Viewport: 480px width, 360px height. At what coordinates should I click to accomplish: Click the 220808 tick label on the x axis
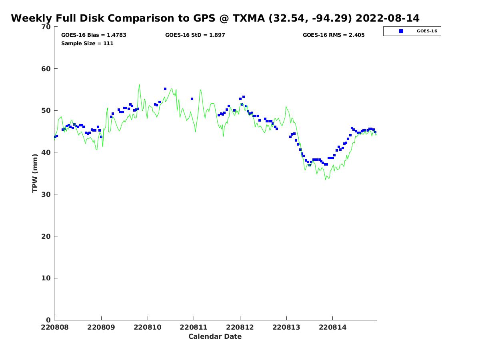coord(55,327)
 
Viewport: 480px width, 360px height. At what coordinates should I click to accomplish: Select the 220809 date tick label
coord(101,327)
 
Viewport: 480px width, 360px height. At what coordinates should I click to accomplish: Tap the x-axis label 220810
coord(148,327)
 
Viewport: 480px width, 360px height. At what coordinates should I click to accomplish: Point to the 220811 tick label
coord(194,327)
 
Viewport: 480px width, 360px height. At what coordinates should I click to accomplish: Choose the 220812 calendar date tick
coord(240,327)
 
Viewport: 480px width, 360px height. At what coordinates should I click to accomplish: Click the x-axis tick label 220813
coord(286,327)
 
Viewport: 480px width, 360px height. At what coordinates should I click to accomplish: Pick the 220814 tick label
coord(332,327)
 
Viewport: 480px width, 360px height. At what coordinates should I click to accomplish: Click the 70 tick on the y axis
coord(46,27)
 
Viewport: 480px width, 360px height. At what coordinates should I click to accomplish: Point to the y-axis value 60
coord(46,69)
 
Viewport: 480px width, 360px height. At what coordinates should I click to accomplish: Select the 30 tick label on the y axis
coord(46,194)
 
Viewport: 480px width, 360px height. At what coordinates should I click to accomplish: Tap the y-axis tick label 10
coord(46,278)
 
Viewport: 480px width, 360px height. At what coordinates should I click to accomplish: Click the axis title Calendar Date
coord(215,337)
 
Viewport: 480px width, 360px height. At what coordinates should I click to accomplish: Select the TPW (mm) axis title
coord(35,173)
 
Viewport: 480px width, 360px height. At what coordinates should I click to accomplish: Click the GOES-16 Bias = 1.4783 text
coord(94,35)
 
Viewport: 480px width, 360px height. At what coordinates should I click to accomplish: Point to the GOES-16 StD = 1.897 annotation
coord(195,35)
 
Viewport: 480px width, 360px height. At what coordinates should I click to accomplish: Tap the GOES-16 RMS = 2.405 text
coord(334,35)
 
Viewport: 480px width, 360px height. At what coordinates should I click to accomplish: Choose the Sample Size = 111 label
coord(87,44)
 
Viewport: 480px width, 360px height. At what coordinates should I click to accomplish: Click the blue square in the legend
coord(401,31)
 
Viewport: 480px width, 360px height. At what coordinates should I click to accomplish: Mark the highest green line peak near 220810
coord(139,84)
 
